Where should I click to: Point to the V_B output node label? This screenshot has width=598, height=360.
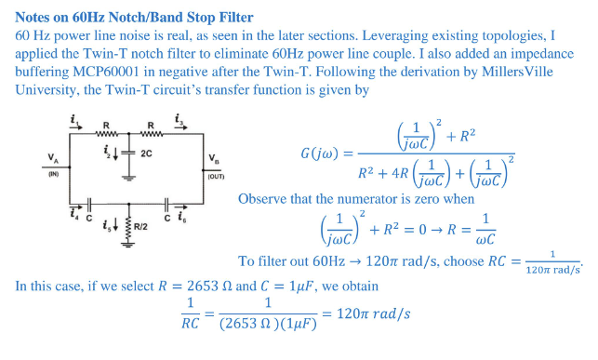coord(215,157)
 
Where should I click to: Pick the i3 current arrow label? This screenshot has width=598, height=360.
coord(179,119)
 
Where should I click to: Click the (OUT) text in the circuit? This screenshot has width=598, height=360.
coord(216,174)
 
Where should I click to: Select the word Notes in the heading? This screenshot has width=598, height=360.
coord(36,17)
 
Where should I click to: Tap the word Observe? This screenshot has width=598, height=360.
coord(264,198)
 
